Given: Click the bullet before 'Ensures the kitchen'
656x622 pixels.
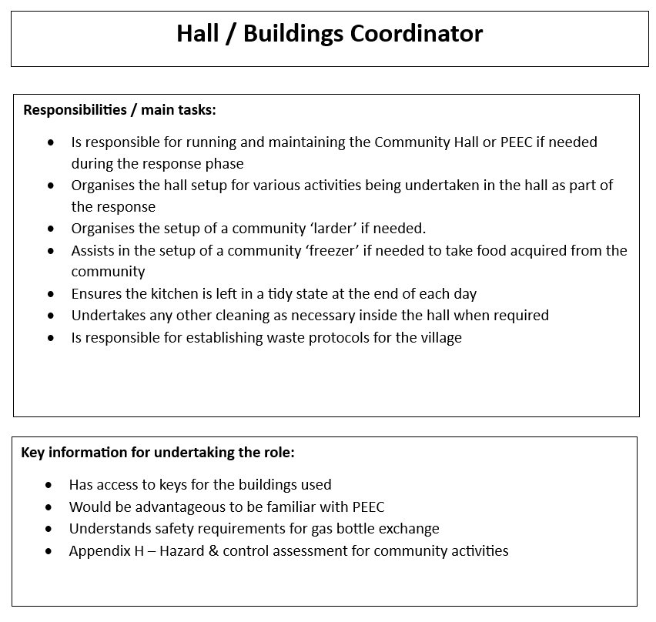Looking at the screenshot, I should click(51, 294).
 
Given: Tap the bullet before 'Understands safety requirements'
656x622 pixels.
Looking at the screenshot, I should click(49, 530).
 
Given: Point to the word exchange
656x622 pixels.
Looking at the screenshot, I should click(410, 529).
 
